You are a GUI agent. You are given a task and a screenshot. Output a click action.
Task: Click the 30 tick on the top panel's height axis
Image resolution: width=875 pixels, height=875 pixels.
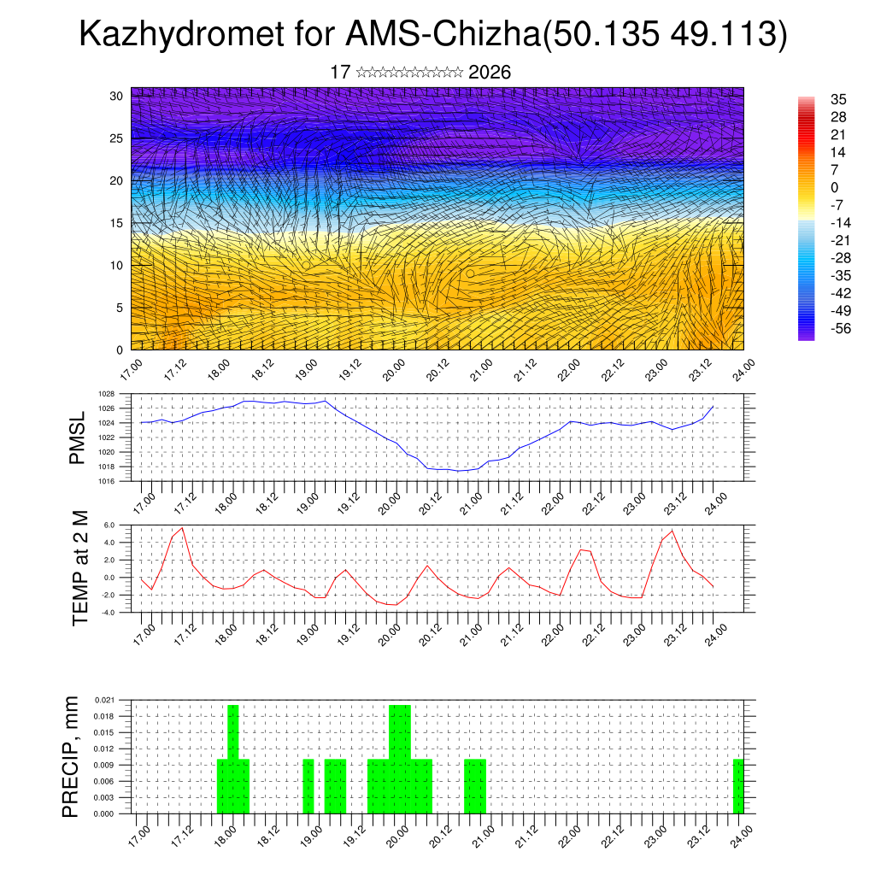point(116,96)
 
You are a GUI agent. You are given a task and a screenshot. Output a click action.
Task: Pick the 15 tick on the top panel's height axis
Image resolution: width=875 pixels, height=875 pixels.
point(116,223)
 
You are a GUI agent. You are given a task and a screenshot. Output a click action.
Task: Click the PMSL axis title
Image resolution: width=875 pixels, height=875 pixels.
point(78,437)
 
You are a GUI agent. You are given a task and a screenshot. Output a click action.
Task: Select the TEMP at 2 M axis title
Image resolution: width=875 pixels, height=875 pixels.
point(80,568)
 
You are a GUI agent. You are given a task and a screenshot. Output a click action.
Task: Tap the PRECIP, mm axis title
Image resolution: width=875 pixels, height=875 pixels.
point(71,756)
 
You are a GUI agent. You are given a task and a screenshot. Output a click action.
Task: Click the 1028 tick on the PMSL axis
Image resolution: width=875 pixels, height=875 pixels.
point(106,394)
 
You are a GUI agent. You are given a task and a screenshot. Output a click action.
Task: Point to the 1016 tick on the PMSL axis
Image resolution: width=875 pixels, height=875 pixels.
point(106,481)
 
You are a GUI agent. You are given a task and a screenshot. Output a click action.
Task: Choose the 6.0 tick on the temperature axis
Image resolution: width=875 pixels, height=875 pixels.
point(109,526)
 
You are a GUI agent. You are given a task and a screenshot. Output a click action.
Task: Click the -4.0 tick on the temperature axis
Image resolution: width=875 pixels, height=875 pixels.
point(108,613)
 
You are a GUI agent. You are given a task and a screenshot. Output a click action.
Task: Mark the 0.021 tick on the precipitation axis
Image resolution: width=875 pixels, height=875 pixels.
point(104,700)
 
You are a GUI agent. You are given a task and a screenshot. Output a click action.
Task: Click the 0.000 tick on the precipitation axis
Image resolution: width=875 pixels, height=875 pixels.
point(104,814)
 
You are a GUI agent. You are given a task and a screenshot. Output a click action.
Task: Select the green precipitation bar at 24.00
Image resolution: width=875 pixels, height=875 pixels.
point(738,786)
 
